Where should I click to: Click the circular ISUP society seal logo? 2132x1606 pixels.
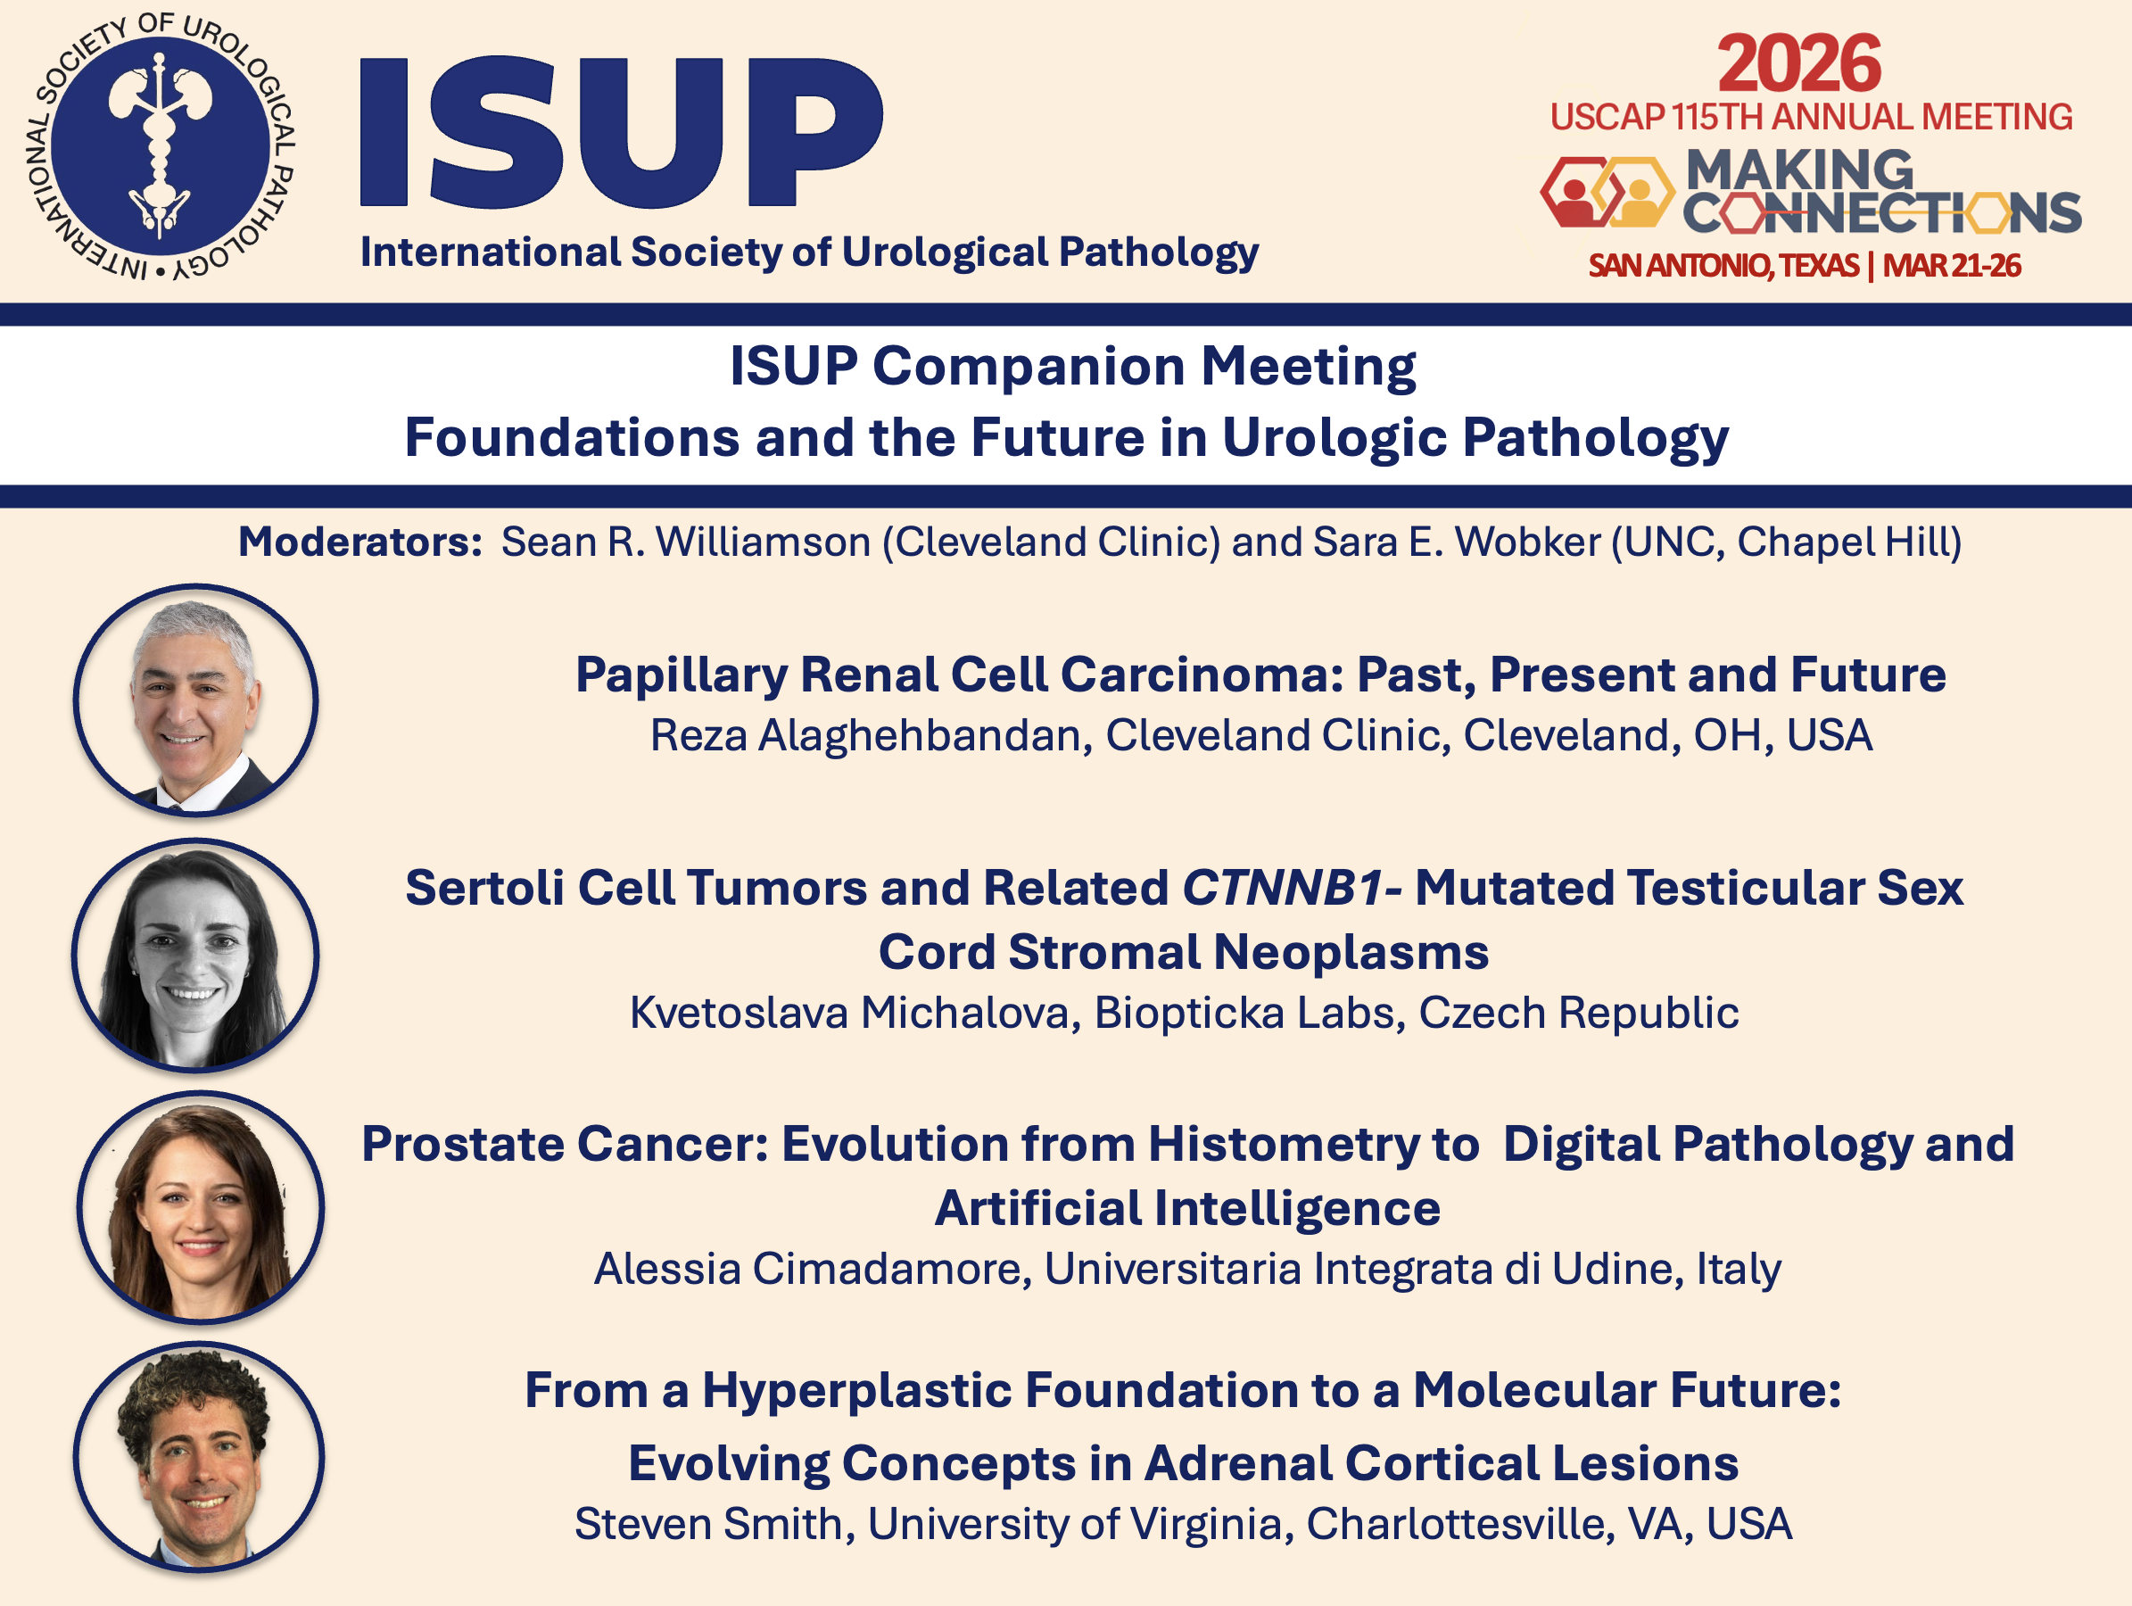[160, 146]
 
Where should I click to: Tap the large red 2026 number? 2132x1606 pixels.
[1798, 63]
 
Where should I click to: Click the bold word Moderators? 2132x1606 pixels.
[360, 542]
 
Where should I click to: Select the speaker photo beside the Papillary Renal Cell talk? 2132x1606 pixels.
[195, 700]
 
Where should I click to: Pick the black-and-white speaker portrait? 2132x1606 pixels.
[195, 956]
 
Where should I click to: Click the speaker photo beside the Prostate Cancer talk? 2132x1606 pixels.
[201, 1207]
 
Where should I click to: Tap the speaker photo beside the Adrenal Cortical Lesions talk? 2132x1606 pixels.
[200, 1457]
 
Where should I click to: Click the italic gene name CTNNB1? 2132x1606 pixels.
[1284, 887]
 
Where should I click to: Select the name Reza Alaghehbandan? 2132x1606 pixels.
[872, 735]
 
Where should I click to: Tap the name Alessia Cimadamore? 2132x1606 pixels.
[813, 1269]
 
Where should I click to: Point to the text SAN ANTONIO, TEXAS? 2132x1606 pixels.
[1723, 265]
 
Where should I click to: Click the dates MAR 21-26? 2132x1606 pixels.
[1952, 265]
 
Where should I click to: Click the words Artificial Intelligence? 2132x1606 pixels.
[1187, 1209]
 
